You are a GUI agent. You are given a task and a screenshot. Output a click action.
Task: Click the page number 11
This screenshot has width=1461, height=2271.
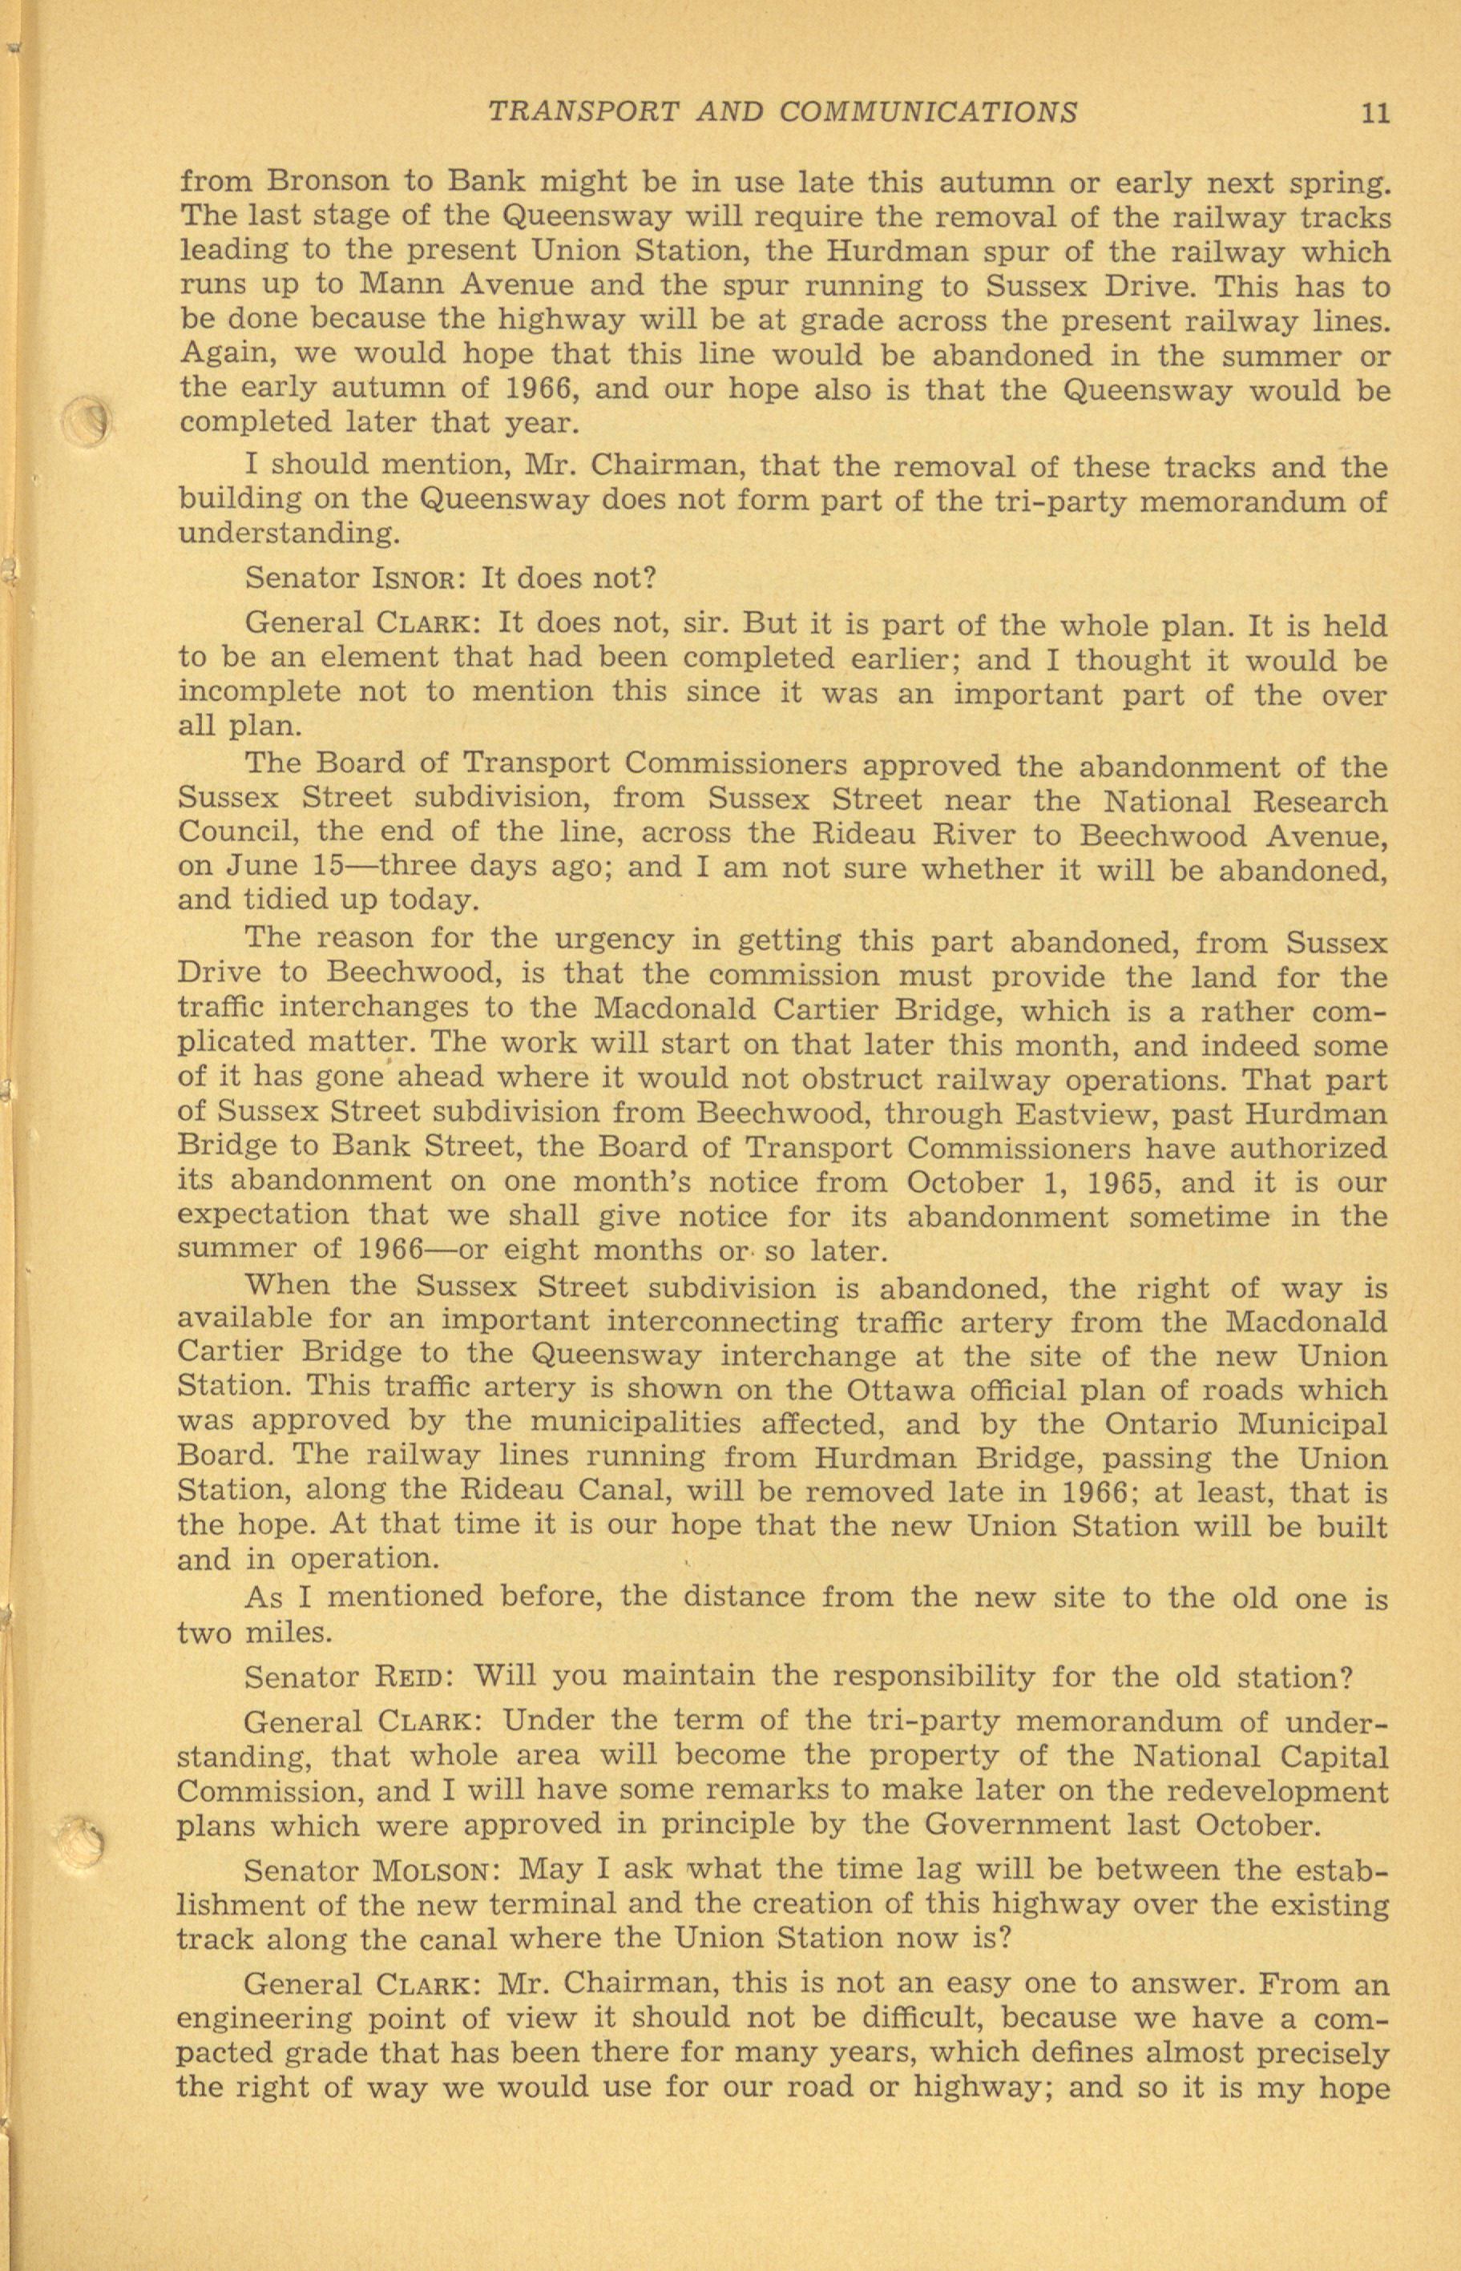pos(1374,113)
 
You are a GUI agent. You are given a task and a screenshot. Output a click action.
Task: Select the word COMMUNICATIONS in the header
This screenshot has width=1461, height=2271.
pos(928,113)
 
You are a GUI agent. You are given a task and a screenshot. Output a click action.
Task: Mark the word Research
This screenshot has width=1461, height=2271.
pos(1321,800)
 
